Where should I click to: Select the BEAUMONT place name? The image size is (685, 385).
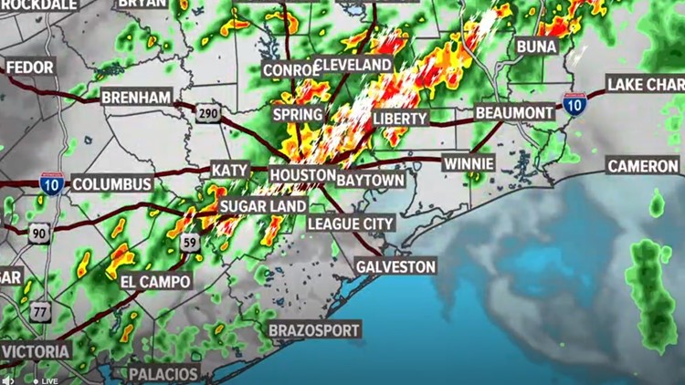coord(514,113)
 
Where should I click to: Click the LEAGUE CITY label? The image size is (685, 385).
coord(351,224)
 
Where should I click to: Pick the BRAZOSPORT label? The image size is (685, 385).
coord(315,329)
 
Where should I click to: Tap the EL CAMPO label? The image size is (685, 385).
coord(155,282)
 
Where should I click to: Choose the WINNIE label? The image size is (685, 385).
coord(469,164)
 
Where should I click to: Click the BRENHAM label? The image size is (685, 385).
coord(135,97)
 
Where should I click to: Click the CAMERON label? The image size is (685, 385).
coord(642,166)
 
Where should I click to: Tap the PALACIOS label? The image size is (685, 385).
coord(163,373)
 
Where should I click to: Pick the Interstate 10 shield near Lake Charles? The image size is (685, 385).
coord(574,105)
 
